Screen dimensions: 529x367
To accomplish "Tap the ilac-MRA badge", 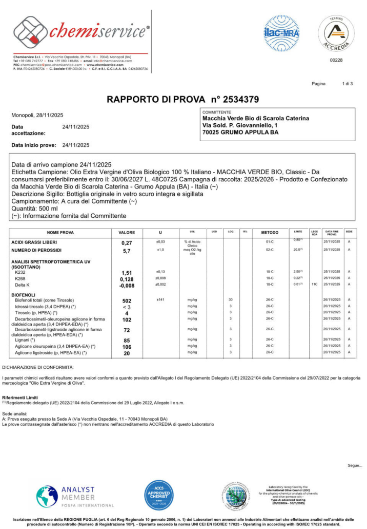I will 281,33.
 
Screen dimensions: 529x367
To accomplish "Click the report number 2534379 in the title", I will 235,99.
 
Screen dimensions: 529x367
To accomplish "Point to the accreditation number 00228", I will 336,61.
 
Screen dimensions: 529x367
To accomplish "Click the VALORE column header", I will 127,233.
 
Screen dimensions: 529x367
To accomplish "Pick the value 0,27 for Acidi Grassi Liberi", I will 127,242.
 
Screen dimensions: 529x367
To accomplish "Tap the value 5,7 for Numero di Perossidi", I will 127,251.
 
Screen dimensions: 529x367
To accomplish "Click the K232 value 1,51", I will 127,273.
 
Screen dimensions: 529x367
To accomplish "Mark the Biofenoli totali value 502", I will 127,300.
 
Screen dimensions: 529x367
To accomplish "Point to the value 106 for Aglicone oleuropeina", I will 127,347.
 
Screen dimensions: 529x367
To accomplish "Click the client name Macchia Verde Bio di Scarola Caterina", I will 256,118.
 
